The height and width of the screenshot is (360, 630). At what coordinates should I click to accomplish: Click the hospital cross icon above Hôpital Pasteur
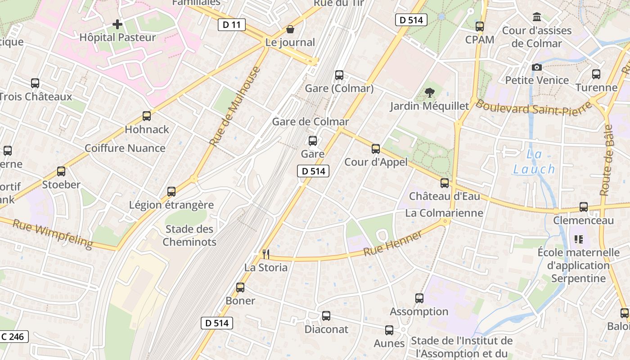[117, 24]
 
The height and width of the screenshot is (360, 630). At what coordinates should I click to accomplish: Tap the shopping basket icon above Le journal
[290, 29]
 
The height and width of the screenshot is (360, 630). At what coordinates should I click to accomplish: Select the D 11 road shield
[231, 25]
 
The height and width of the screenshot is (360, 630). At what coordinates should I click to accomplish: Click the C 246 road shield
[13, 336]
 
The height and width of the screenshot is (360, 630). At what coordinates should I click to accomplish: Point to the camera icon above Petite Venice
[537, 67]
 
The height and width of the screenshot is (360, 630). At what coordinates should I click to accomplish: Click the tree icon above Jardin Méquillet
[429, 93]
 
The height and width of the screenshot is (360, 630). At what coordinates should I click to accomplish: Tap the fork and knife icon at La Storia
[266, 254]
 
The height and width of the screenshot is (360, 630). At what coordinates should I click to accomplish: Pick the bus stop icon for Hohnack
[147, 116]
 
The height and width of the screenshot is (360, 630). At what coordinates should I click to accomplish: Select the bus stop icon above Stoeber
[61, 171]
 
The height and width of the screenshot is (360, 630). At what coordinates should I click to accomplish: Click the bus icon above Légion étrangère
[171, 192]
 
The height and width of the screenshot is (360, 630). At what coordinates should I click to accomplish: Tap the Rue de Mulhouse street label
[235, 106]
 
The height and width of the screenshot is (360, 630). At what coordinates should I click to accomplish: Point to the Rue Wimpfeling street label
[52, 234]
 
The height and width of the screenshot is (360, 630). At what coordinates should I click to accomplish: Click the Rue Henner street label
[393, 243]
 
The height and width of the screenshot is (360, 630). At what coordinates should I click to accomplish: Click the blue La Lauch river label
[534, 162]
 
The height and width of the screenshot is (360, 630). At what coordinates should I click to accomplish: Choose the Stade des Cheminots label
[189, 235]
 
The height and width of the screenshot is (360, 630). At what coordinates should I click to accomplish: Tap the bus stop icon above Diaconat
[326, 316]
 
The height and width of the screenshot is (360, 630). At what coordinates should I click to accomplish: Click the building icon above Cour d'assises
[537, 17]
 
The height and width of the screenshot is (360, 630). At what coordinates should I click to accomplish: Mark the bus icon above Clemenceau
[584, 207]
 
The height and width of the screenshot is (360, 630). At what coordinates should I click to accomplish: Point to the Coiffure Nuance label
[125, 148]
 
